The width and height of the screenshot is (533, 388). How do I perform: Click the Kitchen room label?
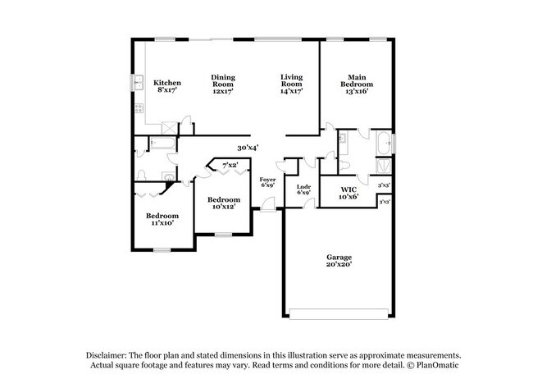click(x=167, y=87)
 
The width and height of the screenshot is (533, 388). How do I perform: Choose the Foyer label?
click(x=268, y=182)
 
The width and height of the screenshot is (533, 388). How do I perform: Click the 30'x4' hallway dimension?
click(x=248, y=148)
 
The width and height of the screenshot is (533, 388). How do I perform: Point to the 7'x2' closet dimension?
click(x=231, y=166)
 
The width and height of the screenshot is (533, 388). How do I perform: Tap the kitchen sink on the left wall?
click(x=138, y=84)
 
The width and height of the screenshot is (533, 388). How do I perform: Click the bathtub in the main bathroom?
click(x=382, y=145)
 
